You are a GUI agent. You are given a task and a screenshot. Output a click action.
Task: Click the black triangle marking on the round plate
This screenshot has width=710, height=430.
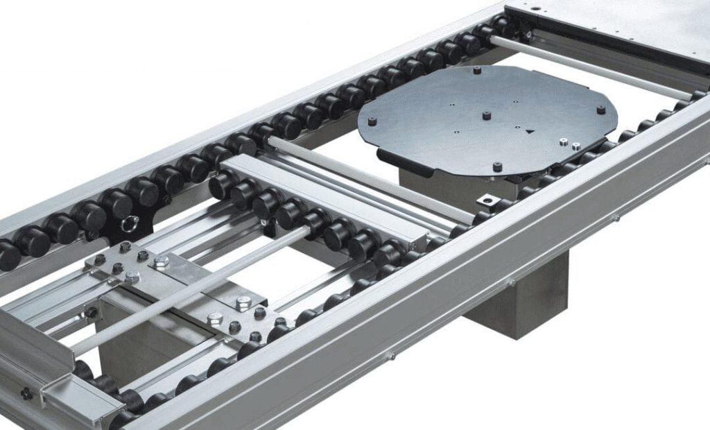pos(530,130)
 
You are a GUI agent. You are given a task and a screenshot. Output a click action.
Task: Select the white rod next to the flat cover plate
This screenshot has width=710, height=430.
pos(589,66)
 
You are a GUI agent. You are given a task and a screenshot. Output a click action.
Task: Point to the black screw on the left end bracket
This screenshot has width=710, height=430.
pos(26,393)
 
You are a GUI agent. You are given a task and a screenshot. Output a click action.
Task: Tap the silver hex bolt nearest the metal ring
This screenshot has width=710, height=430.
pos(161,261)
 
